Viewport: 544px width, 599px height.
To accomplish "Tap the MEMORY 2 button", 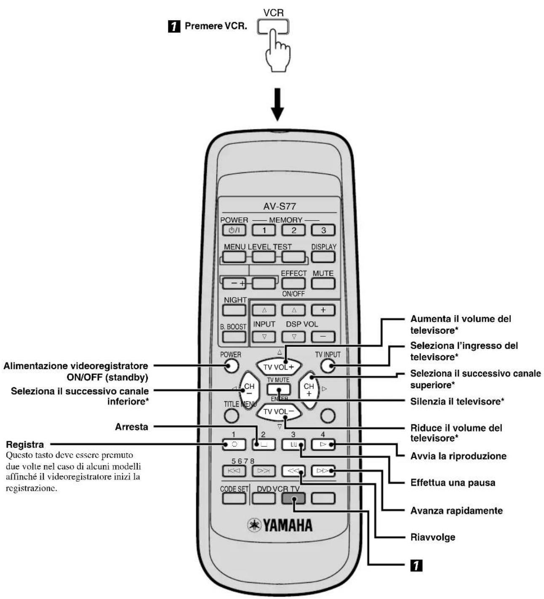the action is [293, 230].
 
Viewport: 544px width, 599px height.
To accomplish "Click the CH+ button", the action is [309, 390].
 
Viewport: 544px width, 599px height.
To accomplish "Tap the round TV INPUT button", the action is [328, 365].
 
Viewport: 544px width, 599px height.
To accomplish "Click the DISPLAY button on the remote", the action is [323, 256].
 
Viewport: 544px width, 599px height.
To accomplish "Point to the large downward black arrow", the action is [277, 104].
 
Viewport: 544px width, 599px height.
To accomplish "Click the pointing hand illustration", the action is [277, 50].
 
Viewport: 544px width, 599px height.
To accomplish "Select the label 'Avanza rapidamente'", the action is [456, 511].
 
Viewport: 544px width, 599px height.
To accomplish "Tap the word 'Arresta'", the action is [131, 427].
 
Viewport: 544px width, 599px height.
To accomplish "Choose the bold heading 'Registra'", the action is [25, 445].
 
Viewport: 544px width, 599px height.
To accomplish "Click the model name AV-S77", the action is [279, 206].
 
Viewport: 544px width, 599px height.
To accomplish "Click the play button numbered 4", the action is [323, 445].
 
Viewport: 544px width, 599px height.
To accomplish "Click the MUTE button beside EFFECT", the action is [323, 283].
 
